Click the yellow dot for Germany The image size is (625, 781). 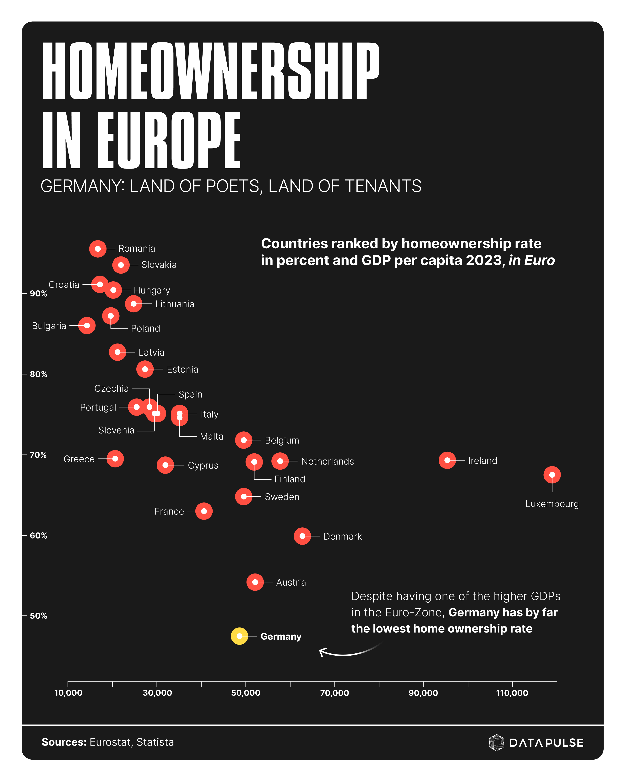tap(239, 636)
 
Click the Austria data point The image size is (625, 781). tap(255, 582)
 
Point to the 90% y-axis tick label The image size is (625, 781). tap(38, 294)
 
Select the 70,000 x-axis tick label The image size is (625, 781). tap(334, 693)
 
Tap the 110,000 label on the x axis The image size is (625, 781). tap(512, 693)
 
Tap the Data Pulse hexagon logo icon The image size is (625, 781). tap(496, 743)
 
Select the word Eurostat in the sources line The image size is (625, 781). tap(110, 742)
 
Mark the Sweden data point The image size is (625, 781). tap(243, 496)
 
